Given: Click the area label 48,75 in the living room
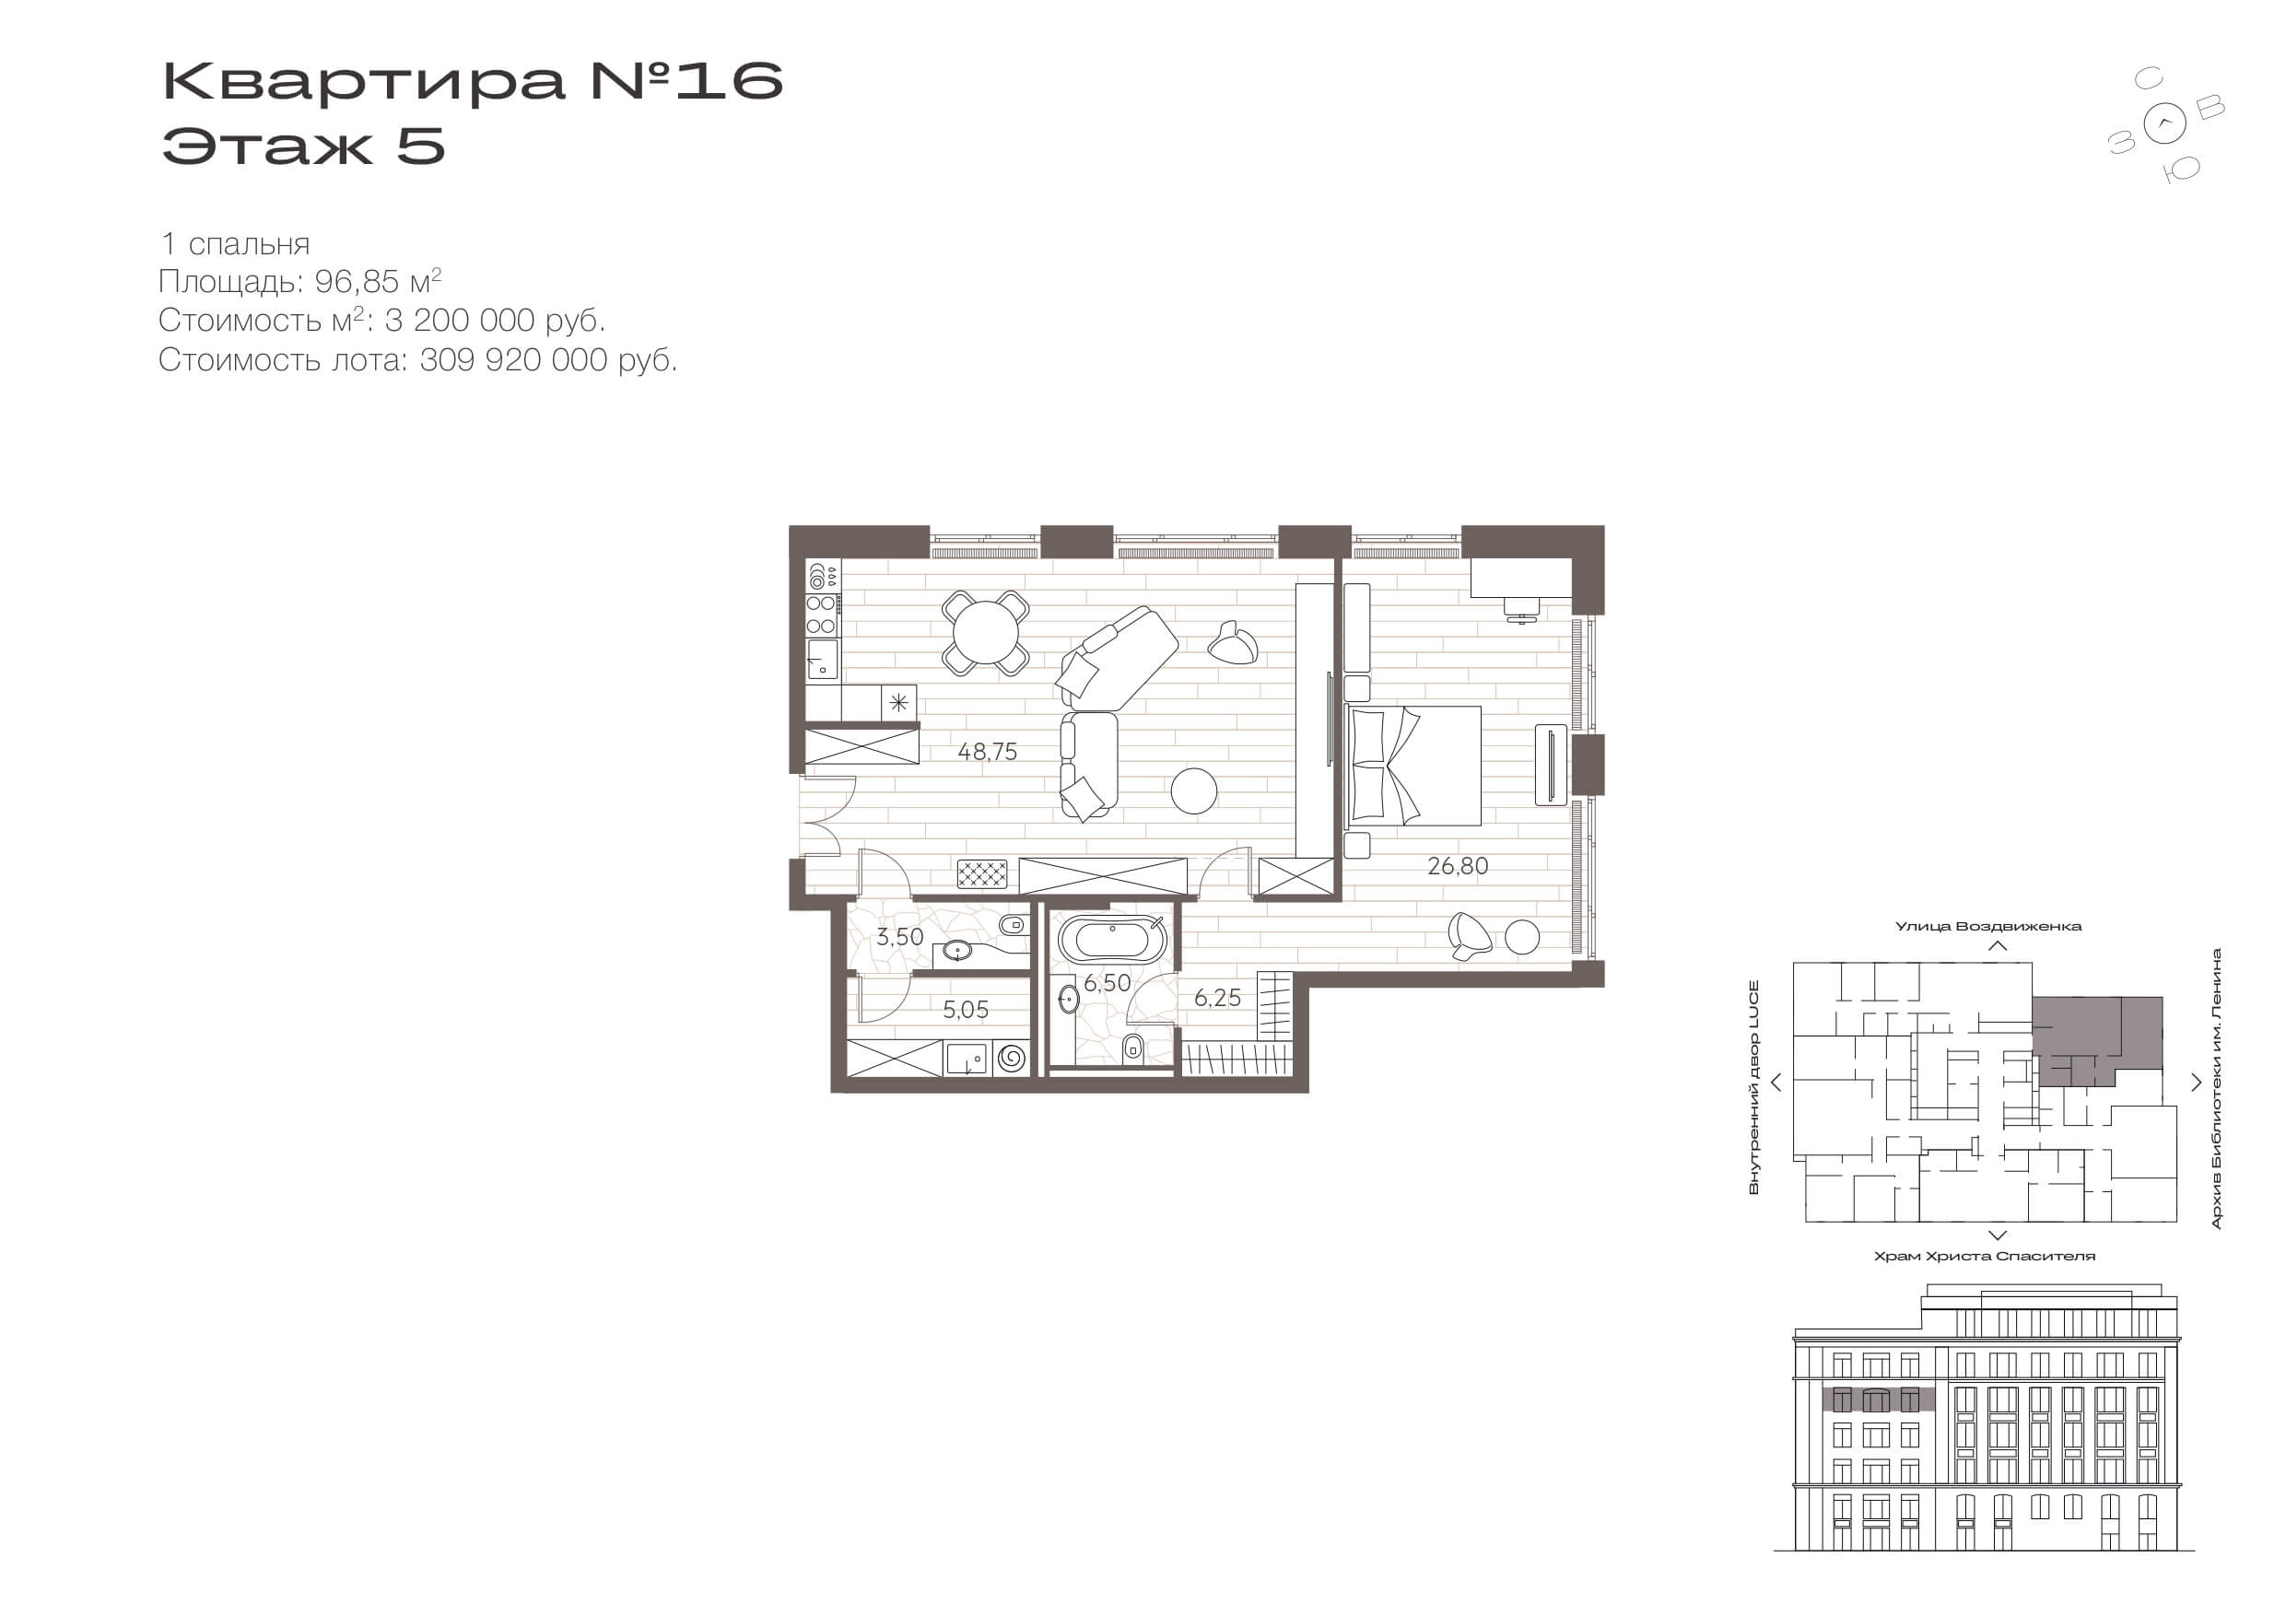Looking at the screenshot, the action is click(x=988, y=752).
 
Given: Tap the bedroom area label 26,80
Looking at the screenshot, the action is click(x=1458, y=866).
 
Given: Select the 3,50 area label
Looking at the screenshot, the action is click(x=900, y=937).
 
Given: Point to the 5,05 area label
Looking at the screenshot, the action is click(x=966, y=1010).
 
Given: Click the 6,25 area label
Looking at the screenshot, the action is click(x=1218, y=998).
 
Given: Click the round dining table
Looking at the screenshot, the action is click(x=986, y=633).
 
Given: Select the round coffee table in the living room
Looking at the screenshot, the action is click(x=1194, y=791).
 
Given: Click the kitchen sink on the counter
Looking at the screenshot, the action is click(x=823, y=659).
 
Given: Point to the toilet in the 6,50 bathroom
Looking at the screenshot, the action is click(x=1132, y=1048).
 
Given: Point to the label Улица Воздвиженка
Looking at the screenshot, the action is click(x=1988, y=927).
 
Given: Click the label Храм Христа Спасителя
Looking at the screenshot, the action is click(x=1985, y=1257).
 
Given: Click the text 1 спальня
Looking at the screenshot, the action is click(x=235, y=244).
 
